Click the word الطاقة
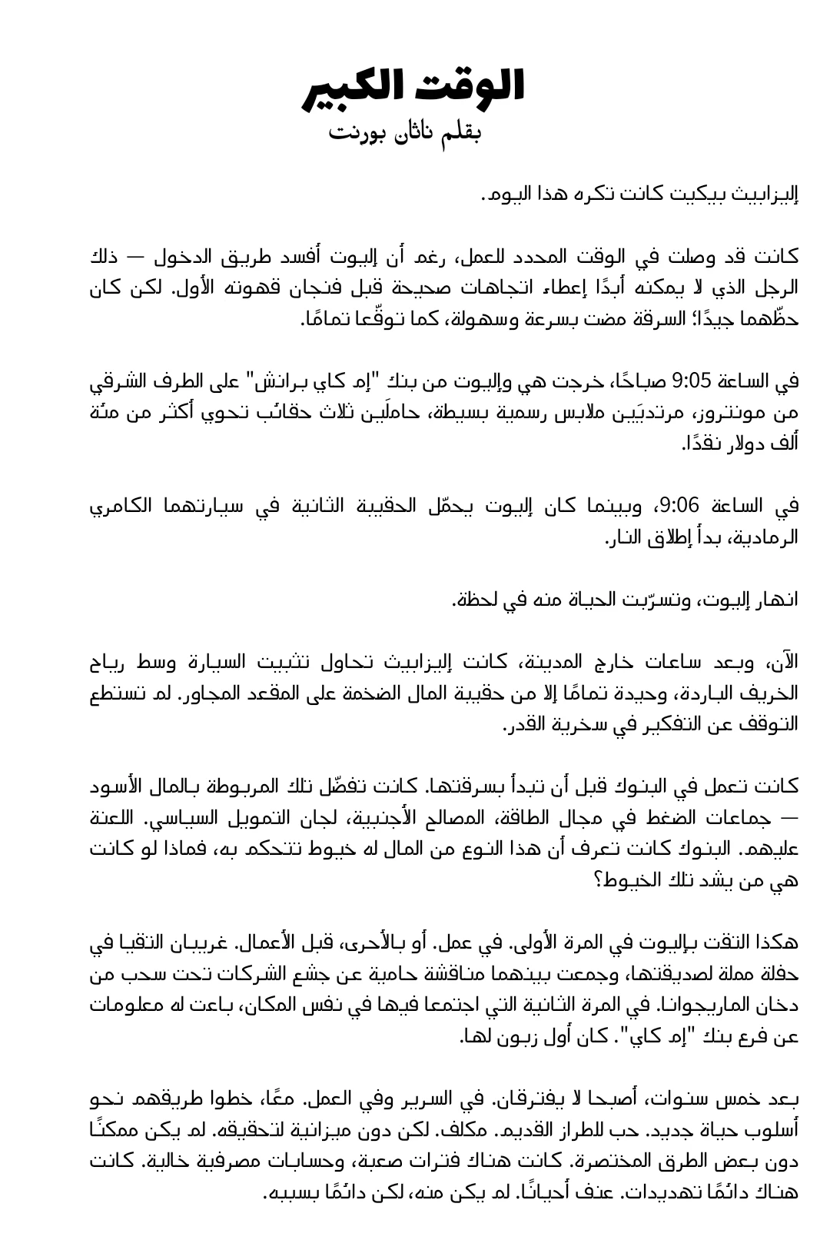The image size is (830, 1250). click(537, 818)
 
